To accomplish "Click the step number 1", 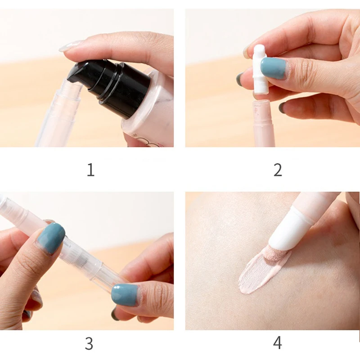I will (x=90, y=170).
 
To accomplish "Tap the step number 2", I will (x=278, y=170).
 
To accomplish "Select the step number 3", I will (x=89, y=343).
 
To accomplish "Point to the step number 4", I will (x=278, y=343).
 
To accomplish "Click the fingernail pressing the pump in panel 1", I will (x=70, y=45).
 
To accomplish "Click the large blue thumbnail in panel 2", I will (x=274, y=68).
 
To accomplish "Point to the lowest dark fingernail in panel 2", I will (x=282, y=108).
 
